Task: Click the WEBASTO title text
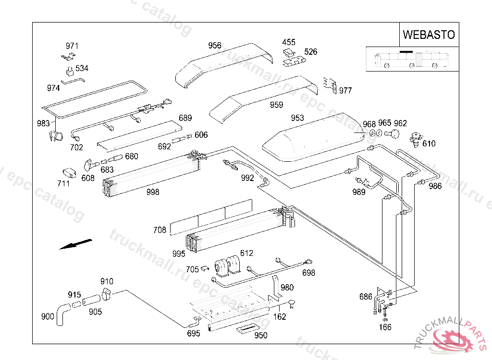click(x=429, y=35)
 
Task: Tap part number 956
click(x=215, y=46)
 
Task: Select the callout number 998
click(x=153, y=192)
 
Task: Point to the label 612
click(x=246, y=253)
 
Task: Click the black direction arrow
click(x=75, y=244)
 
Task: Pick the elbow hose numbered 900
click(x=63, y=314)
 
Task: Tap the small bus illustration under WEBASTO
click(x=412, y=59)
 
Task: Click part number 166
click(x=385, y=327)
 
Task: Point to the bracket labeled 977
click(x=330, y=85)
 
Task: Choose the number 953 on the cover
click(x=297, y=118)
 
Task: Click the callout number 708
click(x=160, y=230)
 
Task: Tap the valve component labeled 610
click(x=416, y=140)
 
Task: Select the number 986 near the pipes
click(x=435, y=186)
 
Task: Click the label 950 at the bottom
click(x=261, y=336)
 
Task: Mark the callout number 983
click(x=43, y=123)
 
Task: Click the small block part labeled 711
click(x=69, y=173)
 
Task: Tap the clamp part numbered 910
click(x=106, y=294)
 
